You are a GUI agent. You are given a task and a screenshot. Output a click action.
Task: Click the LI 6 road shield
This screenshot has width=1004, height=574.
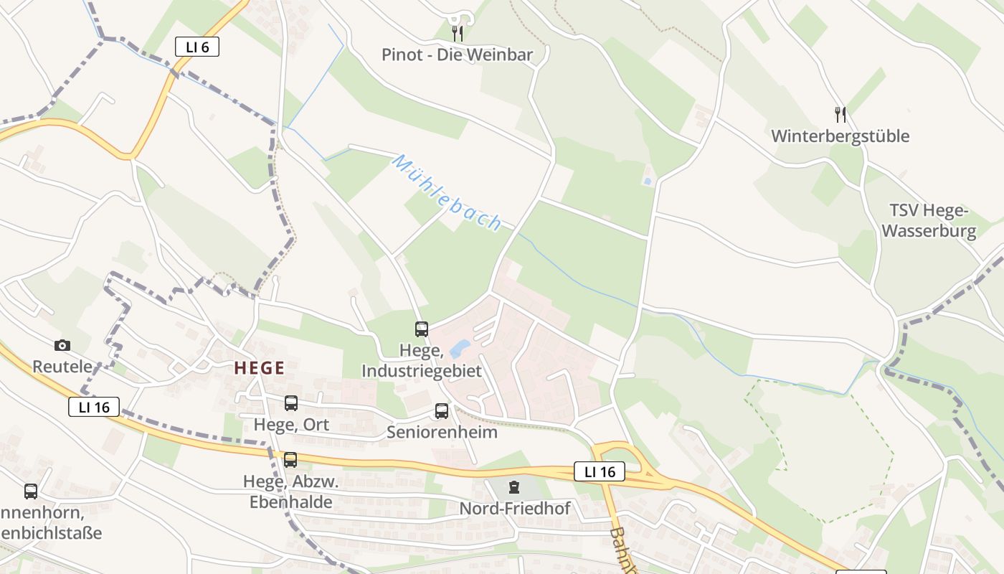[x=197, y=47]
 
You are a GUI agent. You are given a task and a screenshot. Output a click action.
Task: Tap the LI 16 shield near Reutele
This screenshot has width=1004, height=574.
[x=94, y=407]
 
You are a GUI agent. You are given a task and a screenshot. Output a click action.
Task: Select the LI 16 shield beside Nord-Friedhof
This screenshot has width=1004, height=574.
[x=600, y=471]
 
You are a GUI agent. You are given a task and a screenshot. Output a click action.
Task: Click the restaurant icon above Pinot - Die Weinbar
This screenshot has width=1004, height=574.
[x=457, y=33]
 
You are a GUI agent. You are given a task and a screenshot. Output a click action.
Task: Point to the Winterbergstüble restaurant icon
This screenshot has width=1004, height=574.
[x=840, y=114]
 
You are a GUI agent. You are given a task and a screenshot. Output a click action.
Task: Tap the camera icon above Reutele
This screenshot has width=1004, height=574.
[x=62, y=345]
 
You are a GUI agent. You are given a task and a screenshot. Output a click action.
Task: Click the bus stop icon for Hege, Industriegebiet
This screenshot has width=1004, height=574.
[x=422, y=329]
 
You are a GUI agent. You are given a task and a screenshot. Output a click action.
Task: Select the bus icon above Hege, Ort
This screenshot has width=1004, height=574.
[x=290, y=403]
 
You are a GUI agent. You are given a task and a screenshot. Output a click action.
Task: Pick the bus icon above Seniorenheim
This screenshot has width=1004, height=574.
[x=442, y=411]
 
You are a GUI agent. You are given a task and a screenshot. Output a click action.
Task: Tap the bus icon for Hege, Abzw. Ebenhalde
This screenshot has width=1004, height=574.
[x=290, y=460]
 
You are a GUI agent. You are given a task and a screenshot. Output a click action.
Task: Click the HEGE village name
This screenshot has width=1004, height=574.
[x=260, y=368]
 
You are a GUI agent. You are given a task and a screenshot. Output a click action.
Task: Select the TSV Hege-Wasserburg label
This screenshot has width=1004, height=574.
[x=929, y=220]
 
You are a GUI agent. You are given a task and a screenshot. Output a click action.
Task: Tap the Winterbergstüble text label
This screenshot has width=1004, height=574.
[x=840, y=136]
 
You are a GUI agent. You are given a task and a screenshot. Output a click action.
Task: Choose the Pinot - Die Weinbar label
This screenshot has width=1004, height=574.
[x=457, y=55]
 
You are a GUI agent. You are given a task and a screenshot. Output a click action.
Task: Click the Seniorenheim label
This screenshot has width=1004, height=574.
[x=442, y=432]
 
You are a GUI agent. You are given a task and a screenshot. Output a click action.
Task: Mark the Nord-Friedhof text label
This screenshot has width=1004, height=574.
[x=515, y=509]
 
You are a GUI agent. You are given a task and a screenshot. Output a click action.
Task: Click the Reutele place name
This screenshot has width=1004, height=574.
[x=62, y=366]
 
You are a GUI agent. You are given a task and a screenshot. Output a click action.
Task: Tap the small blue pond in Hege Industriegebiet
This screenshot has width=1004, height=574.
[x=458, y=349]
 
